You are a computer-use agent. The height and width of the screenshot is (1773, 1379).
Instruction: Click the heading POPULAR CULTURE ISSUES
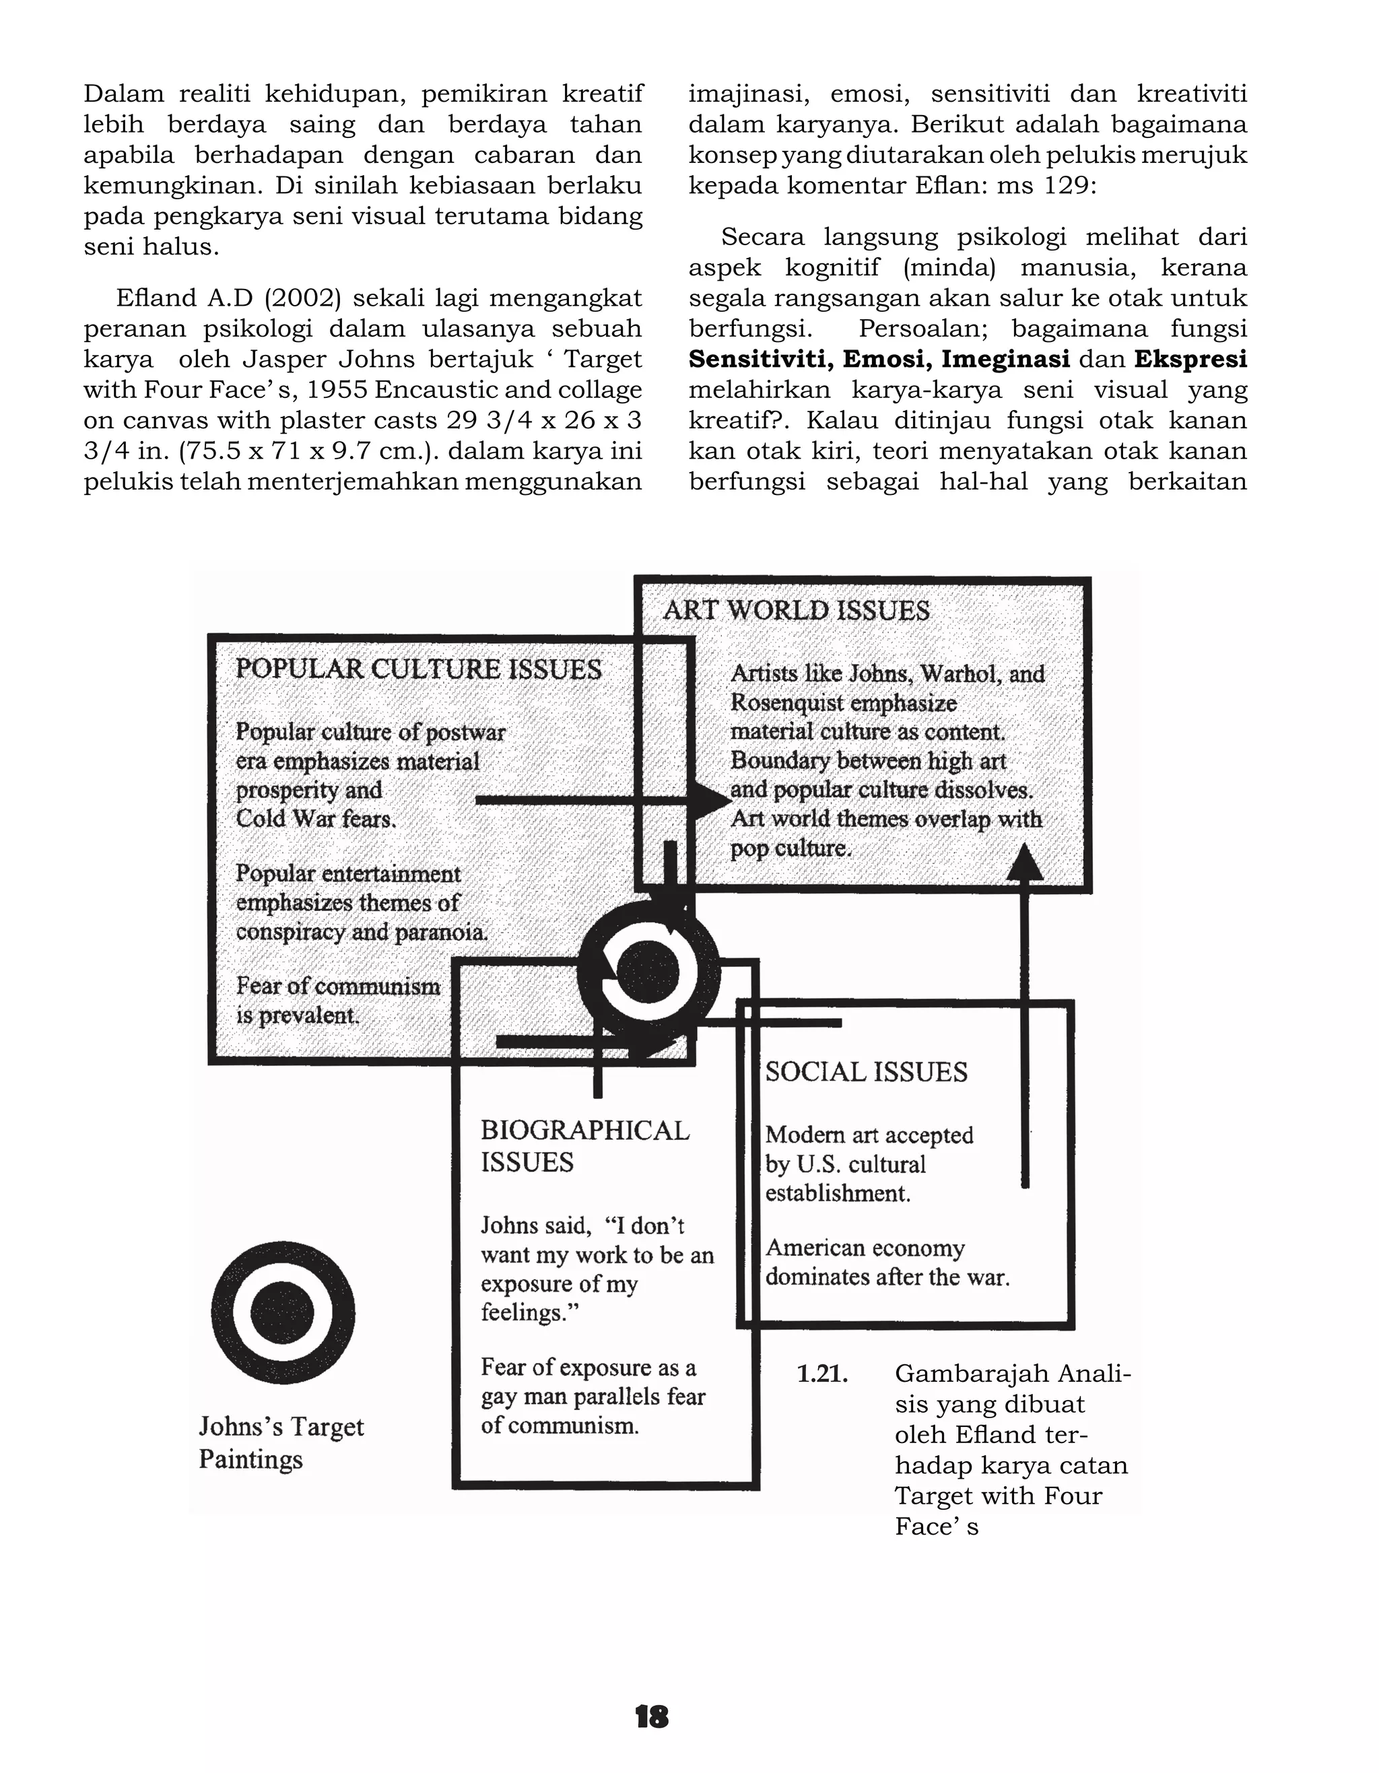(x=418, y=670)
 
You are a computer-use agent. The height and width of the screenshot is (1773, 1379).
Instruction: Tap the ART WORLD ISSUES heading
(x=797, y=611)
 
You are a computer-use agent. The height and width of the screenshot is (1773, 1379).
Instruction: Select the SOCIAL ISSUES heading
(x=866, y=1073)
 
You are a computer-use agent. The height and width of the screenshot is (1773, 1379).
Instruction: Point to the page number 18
(x=651, y=1717)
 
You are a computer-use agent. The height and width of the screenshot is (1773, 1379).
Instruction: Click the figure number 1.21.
(x=822, y=1374)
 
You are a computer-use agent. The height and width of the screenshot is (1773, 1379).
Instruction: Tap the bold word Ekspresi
(x=1190, y=359)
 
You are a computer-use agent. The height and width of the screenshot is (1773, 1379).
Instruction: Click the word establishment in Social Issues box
(x=837, y=1193)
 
